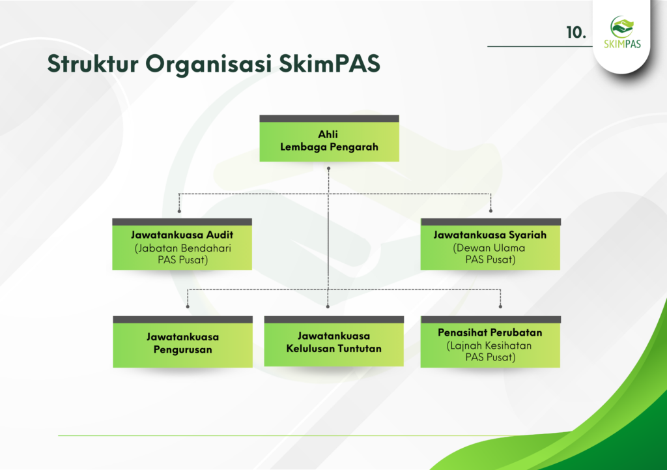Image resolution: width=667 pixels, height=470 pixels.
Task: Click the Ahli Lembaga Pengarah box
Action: (x=329, y=138)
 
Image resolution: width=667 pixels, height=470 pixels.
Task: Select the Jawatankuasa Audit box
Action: (x=182, y=244)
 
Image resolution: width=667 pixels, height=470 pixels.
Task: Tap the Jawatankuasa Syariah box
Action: (x=490, y=244)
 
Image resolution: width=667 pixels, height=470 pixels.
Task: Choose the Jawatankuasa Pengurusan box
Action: (x=182, y=342)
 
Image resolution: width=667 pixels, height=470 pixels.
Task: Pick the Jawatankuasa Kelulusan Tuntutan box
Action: (x=334, y=342)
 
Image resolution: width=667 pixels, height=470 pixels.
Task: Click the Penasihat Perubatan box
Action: (x=490, y=342)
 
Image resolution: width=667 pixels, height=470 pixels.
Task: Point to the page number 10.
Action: (x=576, y=33)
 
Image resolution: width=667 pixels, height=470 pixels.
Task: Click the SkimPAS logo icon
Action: (x=622, y=27)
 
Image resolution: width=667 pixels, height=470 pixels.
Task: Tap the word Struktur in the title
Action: (x=92, y=64)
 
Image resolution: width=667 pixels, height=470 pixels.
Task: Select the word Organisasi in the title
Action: (x=208, y=65)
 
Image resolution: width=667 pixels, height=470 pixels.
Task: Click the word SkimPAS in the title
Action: (x=329, y=64)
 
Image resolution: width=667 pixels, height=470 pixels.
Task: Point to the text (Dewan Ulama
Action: (x=489, y=248)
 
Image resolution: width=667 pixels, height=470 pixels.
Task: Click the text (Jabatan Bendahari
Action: (x=183, y=248)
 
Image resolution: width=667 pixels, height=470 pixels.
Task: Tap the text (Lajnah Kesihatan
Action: (x=489, y=345)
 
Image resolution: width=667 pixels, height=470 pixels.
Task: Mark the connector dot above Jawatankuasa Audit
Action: (x=180, y=211)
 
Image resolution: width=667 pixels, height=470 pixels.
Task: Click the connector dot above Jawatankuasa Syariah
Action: (x=491, y=211)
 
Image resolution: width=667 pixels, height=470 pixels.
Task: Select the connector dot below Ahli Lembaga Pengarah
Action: (x=328, y=169)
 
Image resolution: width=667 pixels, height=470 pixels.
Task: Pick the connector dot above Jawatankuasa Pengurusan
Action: (x=188, y=306)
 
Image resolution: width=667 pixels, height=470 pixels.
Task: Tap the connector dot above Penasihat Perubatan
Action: (x=500, y=306)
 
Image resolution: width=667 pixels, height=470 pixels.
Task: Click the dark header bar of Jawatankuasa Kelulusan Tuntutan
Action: (x=334, y=319)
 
